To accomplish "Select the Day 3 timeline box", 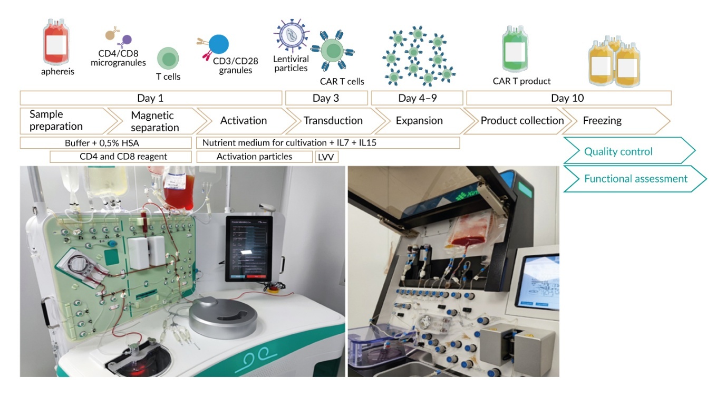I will pyautogui.click(x=326, y=98).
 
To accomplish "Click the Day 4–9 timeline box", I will pyautogui.click(x=417, y=98).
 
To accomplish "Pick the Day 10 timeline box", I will pyautogui.click(x=567, y=98).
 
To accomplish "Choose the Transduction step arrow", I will pyautogui.click(x=333, y=121).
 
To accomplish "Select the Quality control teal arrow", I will pyautogui.click(x=625, y=152).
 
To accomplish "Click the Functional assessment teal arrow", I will pyautogui.click(x=633, y=179).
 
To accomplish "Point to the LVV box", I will pyautogui.click(x=327, y=157).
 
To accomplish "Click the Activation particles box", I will pyautogui.click(x=254, y=157).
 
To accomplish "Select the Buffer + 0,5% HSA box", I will pyautogui.click(x=105, y=143).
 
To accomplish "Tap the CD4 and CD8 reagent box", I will pyautogui.click(x=120, y=157).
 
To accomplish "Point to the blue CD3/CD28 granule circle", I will pyautogui.click(x=218, y=45).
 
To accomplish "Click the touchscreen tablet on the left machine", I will pyautogui.click(x=249, y=248).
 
